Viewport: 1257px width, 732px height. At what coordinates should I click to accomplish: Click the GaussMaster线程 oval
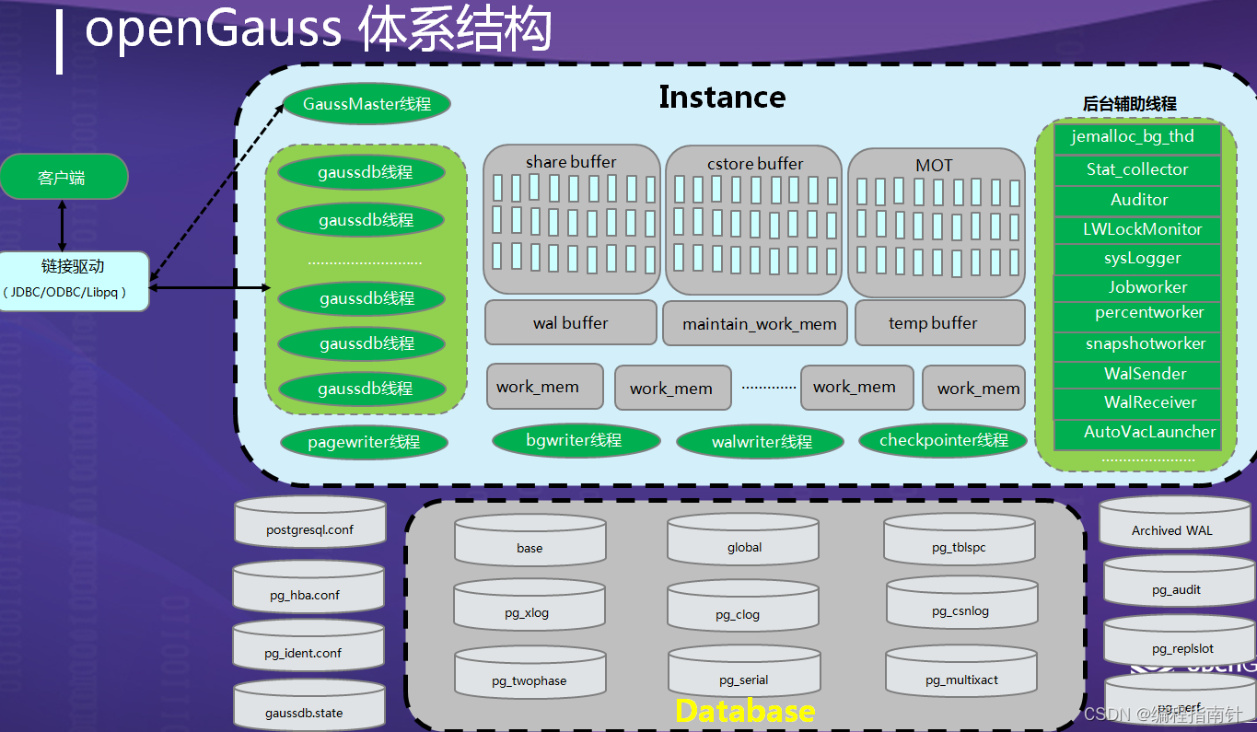tap(366, 105)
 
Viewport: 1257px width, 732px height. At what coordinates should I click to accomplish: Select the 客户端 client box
tap(63, 177)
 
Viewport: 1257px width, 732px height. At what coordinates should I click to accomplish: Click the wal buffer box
tap(570, 322)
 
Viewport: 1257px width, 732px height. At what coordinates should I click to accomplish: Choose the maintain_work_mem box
tap(755, 323)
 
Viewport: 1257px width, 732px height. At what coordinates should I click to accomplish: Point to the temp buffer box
tap(939, 322)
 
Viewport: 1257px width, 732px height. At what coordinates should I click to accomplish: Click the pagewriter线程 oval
tap(364, 442)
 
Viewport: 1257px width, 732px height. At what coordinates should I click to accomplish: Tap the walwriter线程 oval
tap(761, 442)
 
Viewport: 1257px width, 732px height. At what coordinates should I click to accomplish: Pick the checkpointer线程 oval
tap(943, 440)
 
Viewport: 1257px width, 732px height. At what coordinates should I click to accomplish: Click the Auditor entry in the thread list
tap(1138, 200)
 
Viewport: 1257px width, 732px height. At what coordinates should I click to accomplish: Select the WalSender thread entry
tap(1138, 374)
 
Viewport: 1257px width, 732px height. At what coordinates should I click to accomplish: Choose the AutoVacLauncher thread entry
tap(1138, 432)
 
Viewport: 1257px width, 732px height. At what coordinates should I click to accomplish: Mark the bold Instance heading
tap(722, 98)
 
